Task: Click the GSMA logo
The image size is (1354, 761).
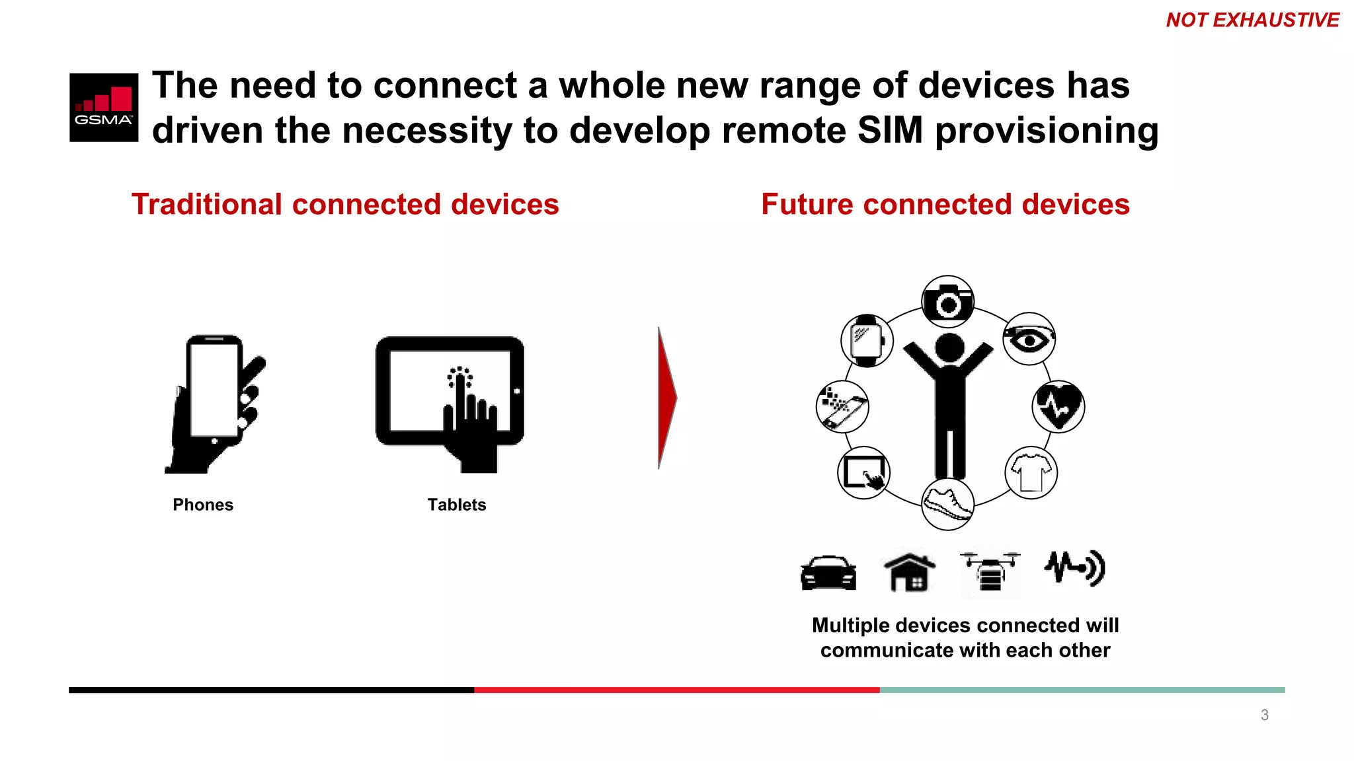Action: (104, 107)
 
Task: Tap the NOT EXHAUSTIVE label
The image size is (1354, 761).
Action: (1252, 20)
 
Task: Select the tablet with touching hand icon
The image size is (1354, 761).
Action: (450, 403)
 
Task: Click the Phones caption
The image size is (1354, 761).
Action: (203, 505)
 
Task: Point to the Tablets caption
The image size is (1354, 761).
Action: (456, 505)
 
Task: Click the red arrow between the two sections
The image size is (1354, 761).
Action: (666, 398)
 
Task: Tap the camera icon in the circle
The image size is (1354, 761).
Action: (947, 302)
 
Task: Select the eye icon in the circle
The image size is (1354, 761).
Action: (1029, 339)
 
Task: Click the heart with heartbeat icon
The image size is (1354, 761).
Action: (1058, 406)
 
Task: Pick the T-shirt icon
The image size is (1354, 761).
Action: (1031, 472)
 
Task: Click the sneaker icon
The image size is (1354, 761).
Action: (947, 504)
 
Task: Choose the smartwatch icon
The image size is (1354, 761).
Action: (867, 341)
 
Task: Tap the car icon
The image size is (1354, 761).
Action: (828, 572)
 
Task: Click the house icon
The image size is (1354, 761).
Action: (909, 572)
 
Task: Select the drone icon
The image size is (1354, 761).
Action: (990, 572)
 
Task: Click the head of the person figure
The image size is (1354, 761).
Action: (949, 347)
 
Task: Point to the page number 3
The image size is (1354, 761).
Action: (1264, 715)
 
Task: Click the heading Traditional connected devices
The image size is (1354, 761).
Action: (345, 204)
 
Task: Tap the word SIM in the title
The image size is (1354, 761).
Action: (889, 129)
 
